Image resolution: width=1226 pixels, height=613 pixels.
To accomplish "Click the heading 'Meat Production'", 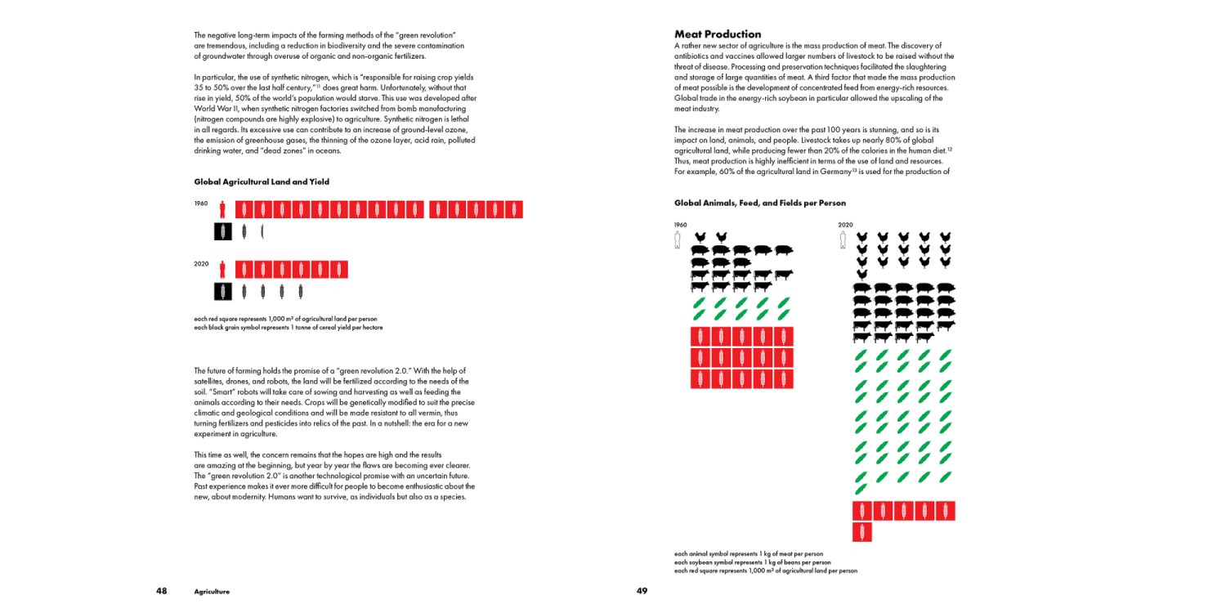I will (x=717, y=34).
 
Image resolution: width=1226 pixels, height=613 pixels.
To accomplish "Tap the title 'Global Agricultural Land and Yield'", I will (x=262, y=181).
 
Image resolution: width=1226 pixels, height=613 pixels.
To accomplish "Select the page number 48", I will (x=162, y=591).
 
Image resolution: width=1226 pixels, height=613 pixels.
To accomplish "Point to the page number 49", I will (x=642, y=591).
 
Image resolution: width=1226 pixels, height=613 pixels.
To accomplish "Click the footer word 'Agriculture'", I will (x=212, y=592).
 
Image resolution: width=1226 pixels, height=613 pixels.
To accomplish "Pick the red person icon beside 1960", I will (x=222, y=209).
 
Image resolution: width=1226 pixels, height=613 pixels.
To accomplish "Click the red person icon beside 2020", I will (x=222, y=269).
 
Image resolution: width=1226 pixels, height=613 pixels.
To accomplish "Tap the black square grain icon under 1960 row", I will (x=223, y=231).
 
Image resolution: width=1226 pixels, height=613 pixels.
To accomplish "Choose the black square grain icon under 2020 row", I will (x=223, y=291).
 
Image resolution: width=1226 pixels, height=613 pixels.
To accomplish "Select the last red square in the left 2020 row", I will (x=339, y=269).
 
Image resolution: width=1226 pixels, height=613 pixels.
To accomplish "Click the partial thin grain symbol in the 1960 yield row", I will (x=262, y=231).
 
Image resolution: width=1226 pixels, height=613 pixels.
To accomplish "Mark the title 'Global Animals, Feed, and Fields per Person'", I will (x=759, y=203).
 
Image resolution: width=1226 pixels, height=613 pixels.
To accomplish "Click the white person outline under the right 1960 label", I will (x=677, y=239).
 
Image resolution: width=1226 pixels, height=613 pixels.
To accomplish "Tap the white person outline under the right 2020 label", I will (x=843, y=239).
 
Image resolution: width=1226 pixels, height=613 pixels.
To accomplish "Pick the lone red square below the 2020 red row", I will (x=862, y=532).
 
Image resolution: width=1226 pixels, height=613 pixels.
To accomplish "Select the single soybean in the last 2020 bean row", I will (x=861, y=489).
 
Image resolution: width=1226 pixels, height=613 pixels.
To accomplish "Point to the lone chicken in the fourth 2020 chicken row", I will (x=861, y=275).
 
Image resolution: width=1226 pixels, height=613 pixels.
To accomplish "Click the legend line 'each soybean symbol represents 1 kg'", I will (x=752, y=562).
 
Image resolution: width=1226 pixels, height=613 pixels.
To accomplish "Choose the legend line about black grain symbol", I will (x=288, y=328).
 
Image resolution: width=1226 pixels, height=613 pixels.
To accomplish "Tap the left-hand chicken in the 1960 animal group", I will (x=700, y=238).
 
